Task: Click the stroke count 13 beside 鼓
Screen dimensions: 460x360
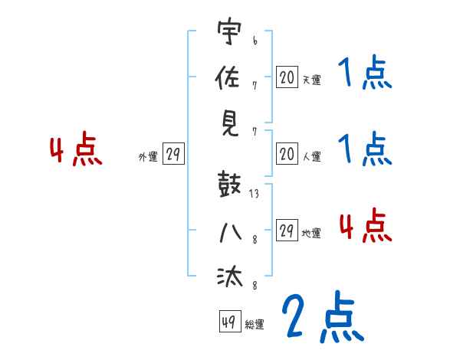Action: point(254,194)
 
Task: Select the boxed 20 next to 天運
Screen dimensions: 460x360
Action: point(287,77)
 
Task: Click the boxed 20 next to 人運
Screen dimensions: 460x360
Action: point(287,155)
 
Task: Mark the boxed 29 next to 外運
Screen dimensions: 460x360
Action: point(172,155)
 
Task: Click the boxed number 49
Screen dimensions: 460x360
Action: point(229,322)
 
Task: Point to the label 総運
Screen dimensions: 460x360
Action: point(255,325)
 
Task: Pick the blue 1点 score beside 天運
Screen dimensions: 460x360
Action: point(365,74)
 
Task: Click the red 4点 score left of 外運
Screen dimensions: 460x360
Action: point(76,152)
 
